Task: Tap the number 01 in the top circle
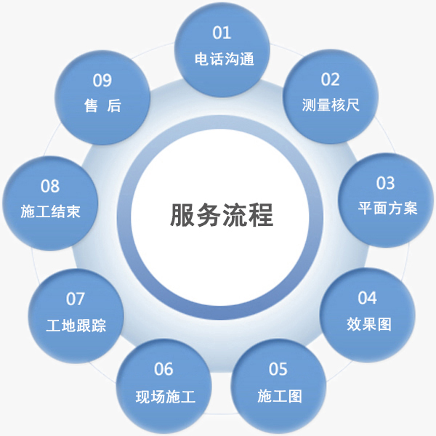[x=222, y=33]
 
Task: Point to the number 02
[x=331, y=78]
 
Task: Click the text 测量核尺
[x=331, y=105]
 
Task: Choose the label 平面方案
[x=387, y=208]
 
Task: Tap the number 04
[x=368, y=297]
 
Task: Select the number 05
[x=278, y=369]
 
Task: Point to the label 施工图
[x=280, y=396]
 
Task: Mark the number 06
[x=164, y=369]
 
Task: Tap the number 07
[x=76, y=299]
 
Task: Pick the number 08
[x=50, y=186]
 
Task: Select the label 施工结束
[x=50, y=212]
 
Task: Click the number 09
[x=102, y=80]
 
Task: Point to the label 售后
[x=102, y=106]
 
